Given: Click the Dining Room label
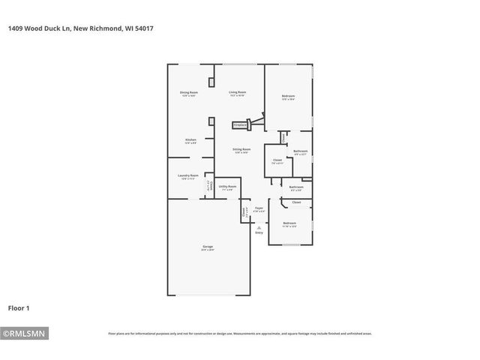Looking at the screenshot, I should tap(188, 94).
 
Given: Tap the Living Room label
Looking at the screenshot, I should tap(238, 94).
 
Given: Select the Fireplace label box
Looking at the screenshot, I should tap(240, 125).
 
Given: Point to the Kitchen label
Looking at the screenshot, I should tap(191, 141).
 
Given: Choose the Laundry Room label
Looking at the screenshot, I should tap(189, 177).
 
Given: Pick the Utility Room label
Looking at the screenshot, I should tap(228, 187).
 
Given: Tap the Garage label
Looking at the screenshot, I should tap(208, 248).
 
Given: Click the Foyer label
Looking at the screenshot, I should tap(259, 209).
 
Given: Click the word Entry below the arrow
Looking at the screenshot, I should tap(259, 233).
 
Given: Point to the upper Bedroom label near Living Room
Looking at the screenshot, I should tap(288, 97).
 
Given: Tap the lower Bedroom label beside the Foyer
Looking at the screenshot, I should tap(289, 224).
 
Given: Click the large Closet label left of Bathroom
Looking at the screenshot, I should tap(277, 160).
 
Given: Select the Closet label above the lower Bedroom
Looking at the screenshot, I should tap(296, 202).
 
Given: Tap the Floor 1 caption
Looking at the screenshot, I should tap(19, 307).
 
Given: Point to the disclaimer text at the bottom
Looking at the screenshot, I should tap(240, 334).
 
